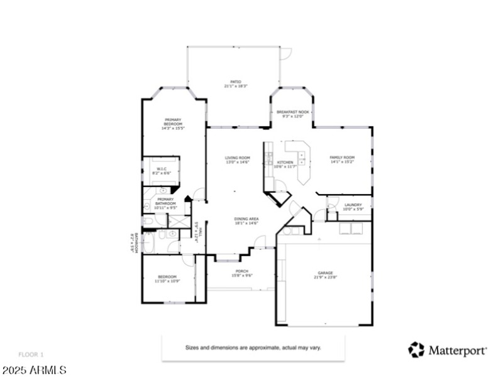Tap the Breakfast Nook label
292,114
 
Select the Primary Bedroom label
173,122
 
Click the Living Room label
238,159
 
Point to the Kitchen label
285,164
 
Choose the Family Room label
342,159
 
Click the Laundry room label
353,207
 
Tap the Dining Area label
246,220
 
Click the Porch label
242,273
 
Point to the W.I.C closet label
161,170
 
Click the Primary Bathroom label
165,203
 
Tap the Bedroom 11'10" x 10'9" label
167,279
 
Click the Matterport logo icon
416,350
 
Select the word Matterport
456,350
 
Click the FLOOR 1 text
31,355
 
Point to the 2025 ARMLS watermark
34,370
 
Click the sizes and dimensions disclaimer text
253,347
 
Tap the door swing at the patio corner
286,54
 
